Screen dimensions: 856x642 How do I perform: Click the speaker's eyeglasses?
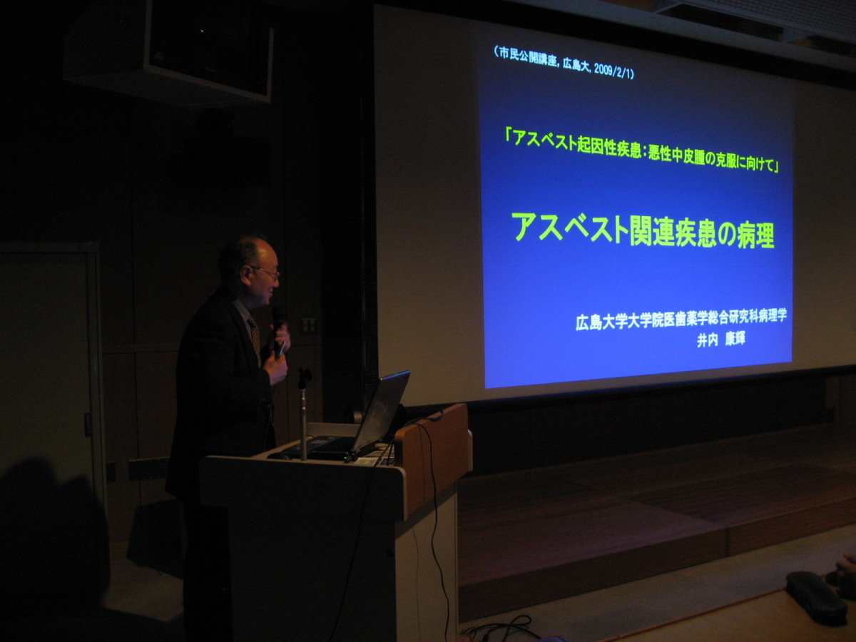(265, 272)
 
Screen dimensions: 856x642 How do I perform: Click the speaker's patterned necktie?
(255, 335)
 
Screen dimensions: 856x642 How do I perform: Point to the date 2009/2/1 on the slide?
(612, 71)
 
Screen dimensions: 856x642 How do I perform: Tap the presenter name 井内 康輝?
(721, 340)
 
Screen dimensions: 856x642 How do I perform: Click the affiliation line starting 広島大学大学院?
(681, 320)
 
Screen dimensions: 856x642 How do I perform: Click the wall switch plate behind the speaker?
(309, 325)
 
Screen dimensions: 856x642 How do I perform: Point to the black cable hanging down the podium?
(434, 538)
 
